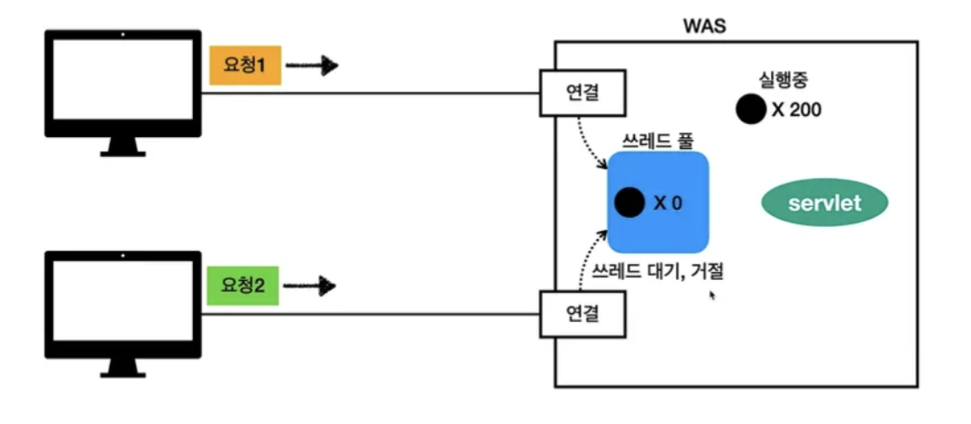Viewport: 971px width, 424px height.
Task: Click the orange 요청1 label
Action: pos(244,66)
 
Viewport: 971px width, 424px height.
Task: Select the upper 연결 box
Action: pos(583,92)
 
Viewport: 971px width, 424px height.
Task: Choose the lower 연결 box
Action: pos(583,314)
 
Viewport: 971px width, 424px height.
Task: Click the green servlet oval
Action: pos(824,203)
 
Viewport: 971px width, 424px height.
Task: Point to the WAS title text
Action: pos(704,24)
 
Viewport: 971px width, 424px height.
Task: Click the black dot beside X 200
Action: pos(750,109)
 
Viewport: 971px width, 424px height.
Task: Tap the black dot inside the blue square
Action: pos(629,202)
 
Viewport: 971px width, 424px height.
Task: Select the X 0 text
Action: pos(668,203)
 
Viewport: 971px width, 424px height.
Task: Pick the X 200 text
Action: pos(796,110)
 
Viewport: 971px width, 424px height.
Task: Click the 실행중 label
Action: pos(785,81)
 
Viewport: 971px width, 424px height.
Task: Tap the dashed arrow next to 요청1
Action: pos(312,65)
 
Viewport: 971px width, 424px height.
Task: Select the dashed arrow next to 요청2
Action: pos(312,285)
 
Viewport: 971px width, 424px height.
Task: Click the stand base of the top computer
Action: pos(122,153)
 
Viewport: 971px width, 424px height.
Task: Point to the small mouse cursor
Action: pos(713,295)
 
